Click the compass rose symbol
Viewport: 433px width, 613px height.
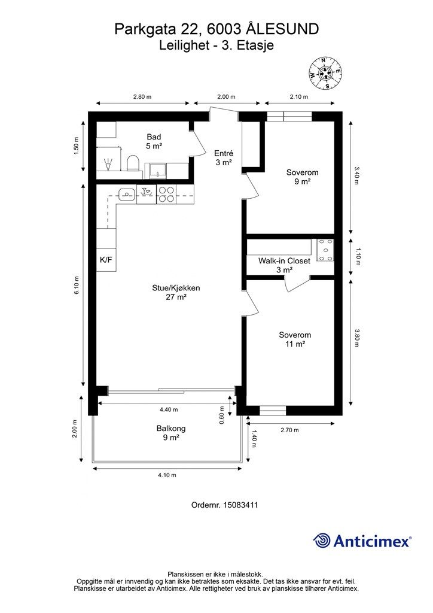(325, 72)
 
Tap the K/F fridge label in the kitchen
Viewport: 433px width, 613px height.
(106, 259)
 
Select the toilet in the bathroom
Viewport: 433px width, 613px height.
(133, 163)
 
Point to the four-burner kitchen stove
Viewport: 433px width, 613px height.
(166, 195)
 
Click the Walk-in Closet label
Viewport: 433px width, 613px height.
(284, 260)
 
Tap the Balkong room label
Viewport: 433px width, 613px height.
(171, 428)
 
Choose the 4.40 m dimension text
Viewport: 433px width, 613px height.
(169, 409)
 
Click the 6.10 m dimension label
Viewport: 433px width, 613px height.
(77, 286)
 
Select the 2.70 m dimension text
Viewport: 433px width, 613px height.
(289, 430)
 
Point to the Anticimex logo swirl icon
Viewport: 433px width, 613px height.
(322, 541)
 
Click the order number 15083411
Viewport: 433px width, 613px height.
(240, 505)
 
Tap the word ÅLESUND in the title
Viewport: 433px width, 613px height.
(283, 29)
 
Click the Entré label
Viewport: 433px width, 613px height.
(224, 153)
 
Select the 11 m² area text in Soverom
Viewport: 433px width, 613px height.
(295, 344)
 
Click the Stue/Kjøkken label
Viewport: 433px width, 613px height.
(176, 288)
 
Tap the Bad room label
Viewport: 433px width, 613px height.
(154, 137)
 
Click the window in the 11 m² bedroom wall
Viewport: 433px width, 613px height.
(273, 410)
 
